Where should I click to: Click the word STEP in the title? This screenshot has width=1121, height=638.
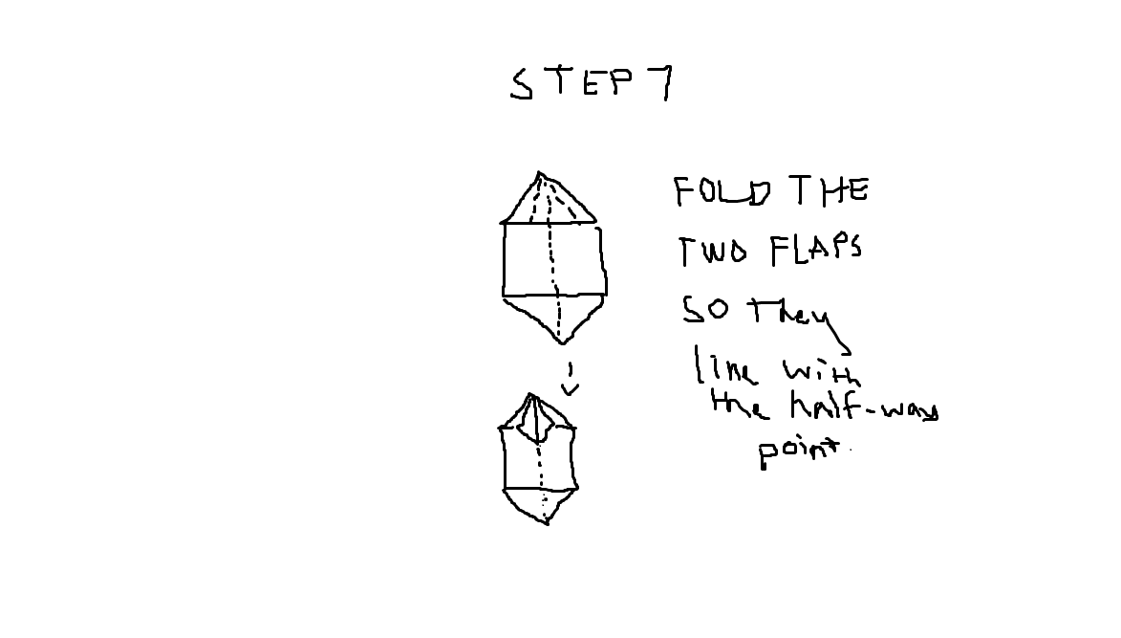571,83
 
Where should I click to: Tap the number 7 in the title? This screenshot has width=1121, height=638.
658,83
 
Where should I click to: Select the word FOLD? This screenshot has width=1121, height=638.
722,191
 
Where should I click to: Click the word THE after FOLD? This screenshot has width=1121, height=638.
829,191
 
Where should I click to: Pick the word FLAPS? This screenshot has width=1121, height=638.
815,250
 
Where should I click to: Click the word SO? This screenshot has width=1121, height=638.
705,310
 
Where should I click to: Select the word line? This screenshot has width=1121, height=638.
725,366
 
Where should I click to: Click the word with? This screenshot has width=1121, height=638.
820,371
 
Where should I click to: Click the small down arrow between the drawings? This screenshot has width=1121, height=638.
571,380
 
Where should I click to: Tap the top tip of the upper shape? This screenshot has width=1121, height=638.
540,174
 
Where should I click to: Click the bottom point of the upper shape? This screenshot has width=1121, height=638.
562,341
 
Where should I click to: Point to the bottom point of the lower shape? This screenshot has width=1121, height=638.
546,522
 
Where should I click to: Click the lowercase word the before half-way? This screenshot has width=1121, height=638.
738,406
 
